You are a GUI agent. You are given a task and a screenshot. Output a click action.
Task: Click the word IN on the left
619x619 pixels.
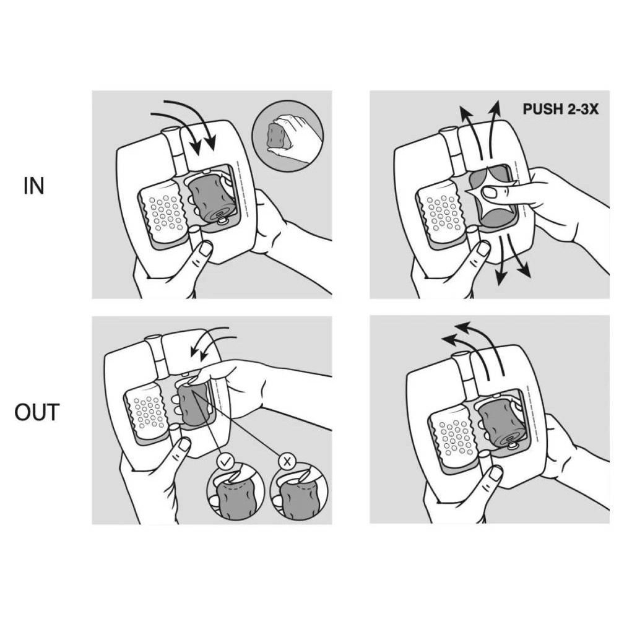tap(33, 186)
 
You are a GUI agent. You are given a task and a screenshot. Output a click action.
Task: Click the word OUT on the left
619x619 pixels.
tap(37, 412)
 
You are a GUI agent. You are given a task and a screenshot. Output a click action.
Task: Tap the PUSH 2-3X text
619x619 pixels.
tap(561, 109)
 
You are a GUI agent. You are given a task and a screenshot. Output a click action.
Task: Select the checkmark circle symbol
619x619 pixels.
tap(225, 461)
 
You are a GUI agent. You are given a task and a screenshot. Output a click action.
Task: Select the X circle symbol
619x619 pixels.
tap(287, 461)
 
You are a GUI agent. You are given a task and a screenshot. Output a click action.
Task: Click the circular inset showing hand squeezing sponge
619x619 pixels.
tap(288, 136)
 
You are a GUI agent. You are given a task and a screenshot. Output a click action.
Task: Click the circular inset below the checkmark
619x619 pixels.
tap(235, 492)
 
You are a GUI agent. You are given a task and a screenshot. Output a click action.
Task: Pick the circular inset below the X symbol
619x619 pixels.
tap(298, 492)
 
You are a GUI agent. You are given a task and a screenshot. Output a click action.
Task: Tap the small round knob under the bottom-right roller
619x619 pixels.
tap(513, 446)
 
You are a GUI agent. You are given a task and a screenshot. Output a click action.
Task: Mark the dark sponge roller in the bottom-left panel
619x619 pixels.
tap(193, 404)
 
